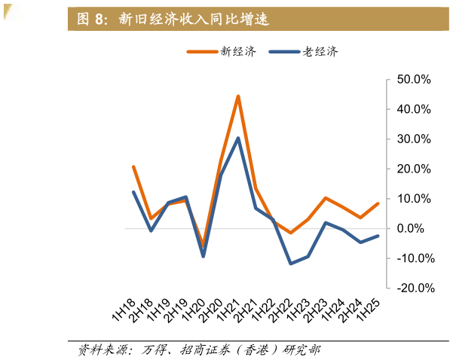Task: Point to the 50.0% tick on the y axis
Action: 413,79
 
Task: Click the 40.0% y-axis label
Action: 413,109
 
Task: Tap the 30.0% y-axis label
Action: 413,139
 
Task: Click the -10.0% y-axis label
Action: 412,258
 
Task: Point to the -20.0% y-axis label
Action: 412,288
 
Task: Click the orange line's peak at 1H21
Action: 238,96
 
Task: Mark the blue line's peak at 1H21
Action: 238,138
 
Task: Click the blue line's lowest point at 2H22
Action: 290,264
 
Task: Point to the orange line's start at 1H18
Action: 133,166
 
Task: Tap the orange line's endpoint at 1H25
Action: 378,203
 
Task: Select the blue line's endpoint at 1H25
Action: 378,236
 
